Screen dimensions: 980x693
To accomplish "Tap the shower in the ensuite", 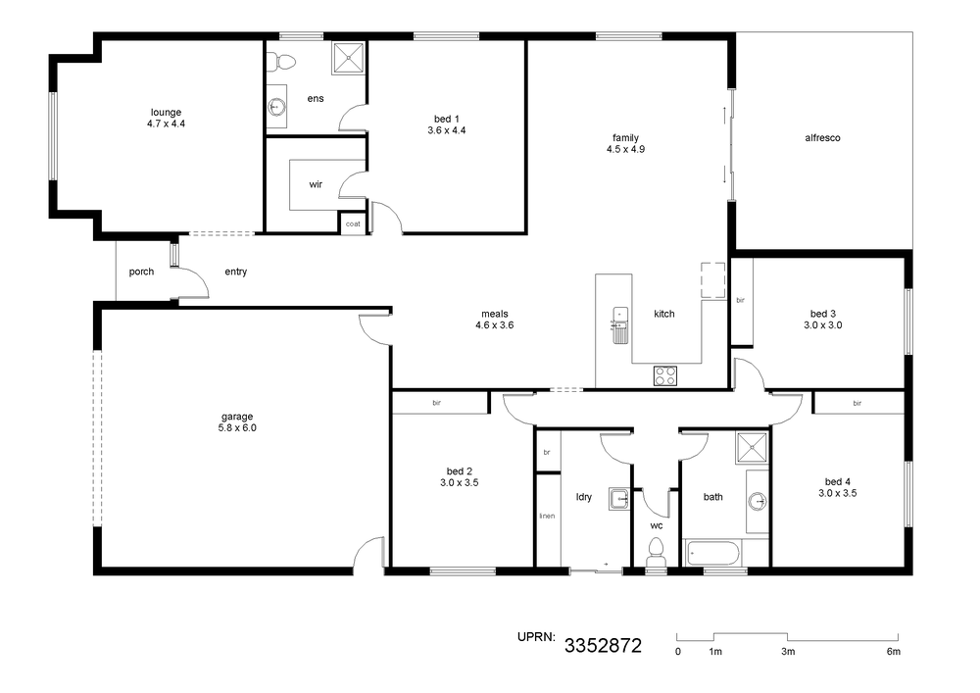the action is click(x=348, y=58).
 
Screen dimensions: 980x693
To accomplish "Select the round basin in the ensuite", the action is click(x=276, y=108).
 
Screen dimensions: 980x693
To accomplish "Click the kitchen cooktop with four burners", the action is click(x=665, y=375).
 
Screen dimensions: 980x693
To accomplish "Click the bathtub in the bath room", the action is click(x=713, y=553).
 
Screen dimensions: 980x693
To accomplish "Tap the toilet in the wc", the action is click(x=656, y=551).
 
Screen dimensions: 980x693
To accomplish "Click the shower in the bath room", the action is click(x=752, y=448).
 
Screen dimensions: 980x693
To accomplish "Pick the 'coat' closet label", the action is click(x=353, y=223).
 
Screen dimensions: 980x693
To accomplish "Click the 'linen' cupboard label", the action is click(x=547, y=516).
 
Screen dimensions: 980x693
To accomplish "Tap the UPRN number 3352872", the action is click(x=603, y=646).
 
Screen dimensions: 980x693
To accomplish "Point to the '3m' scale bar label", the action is click(x=788, y=652).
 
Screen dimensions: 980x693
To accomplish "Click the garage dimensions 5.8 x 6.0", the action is click(x=237, y=428).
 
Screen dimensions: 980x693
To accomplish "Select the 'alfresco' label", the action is click(x=822, y=138).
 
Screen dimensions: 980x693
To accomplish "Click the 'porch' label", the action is click(x=141, y=272).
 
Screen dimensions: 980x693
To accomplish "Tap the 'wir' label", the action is click(x=316, y=184).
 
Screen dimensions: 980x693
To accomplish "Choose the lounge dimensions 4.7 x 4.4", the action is click(x=167, y=124).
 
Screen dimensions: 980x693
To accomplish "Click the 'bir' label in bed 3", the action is click(x=741, y=301).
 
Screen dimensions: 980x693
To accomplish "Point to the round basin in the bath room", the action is click(x=759, y=501).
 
